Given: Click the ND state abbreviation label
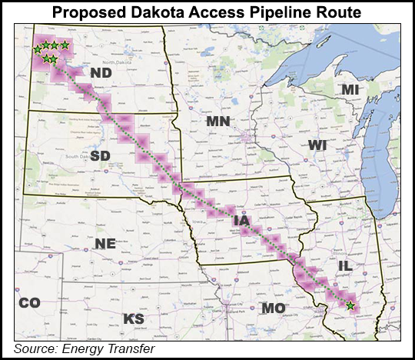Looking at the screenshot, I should pyautogui.click(x=101, y=73).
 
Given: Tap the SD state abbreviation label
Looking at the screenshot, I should pyautogui.click(x=101, y=155).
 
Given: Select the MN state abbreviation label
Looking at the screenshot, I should pyautogui.click(x=218, y=121).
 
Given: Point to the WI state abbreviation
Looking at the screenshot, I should pyautogui.click(x=318, y=145).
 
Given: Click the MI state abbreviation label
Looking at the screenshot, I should pyautogui.click(x=350, y=90).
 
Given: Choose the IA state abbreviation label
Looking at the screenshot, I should pyautogui.click(x=241, y=222).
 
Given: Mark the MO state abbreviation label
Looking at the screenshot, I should pyautogui.click(x=274, y=308).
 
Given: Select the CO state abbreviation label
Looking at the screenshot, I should pyautogui.click(x=29, y=302).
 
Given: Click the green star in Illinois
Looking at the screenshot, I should pyautogui.click(x=350, y=306).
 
